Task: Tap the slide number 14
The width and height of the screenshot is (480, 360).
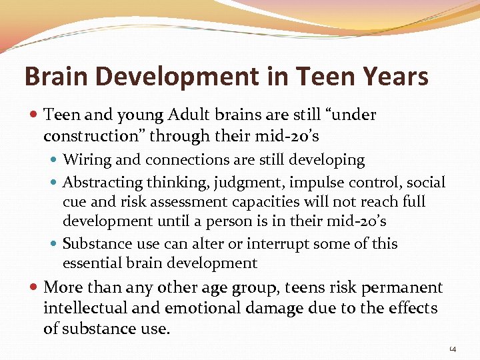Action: [x=452, y=348]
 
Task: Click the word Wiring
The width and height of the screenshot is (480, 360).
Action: [x=87, y=160]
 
